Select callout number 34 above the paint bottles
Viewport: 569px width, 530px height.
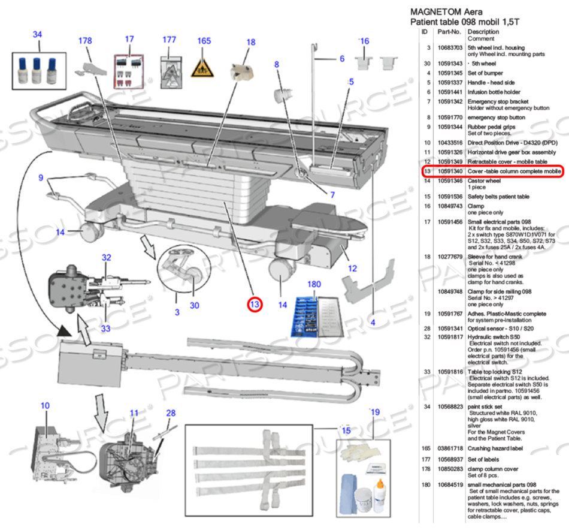tap(37, 35)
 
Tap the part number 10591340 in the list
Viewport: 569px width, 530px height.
tap(449, 171)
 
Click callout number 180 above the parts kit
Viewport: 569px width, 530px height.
tap(314, 284)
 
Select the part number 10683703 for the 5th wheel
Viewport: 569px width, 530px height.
tap(449, 47)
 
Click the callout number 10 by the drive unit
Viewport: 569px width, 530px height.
tap(45, 406)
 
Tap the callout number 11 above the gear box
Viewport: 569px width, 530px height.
tap(134, 413)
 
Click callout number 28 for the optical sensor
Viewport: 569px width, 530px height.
tap(171, 413)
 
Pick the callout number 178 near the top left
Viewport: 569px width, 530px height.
tap(85, 40)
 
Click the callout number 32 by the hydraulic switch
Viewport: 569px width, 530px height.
tap(107, 257)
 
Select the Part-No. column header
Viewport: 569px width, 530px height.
tap(449, 31)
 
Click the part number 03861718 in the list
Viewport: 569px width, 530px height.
tap(449, 448)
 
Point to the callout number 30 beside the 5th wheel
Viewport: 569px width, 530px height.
tap(195, 305)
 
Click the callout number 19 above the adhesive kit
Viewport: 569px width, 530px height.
tap(374, 412)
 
